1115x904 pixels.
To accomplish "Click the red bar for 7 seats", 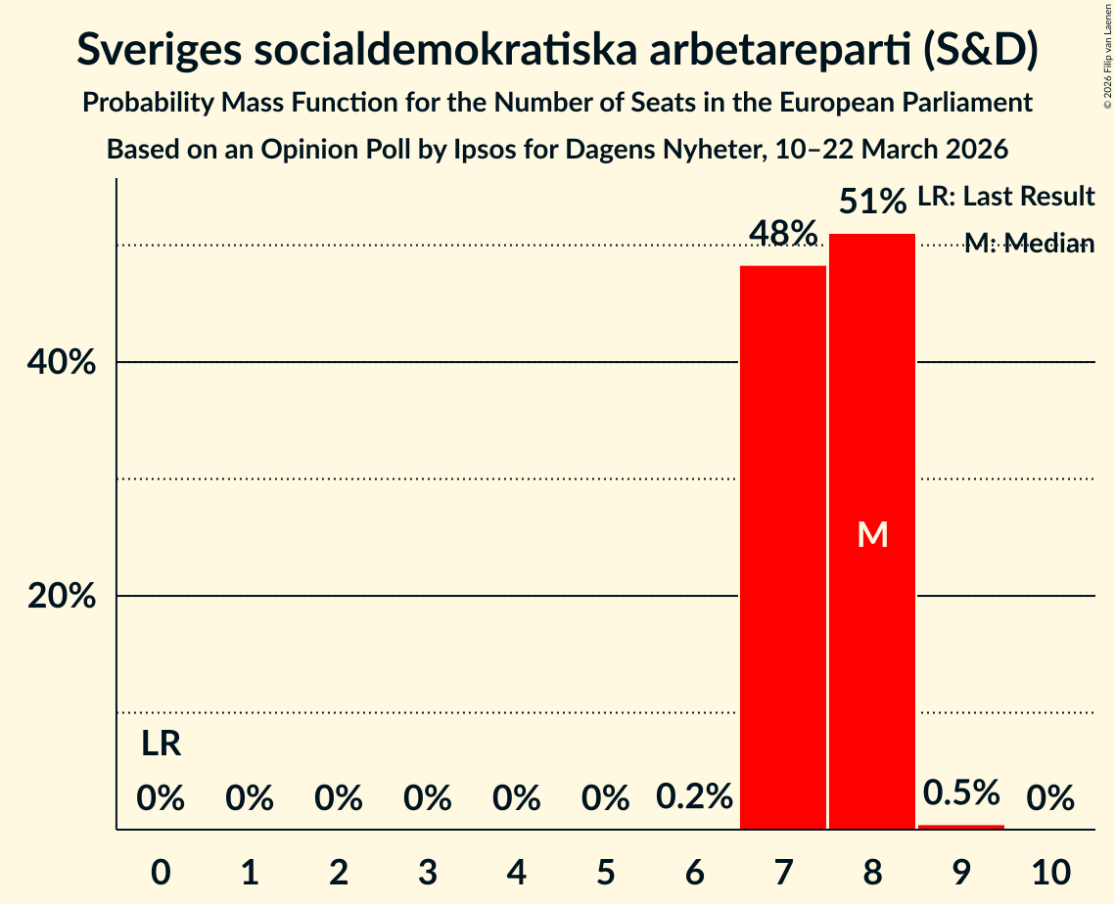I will click(x=782, y=548).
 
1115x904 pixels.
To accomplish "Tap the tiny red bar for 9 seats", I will click(x=960, y=827).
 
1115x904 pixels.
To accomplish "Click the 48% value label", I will click(x=782, y=234).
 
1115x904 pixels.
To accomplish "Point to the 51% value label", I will click(x=872, y=203).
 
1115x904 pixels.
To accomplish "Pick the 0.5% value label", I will click(x=961, y=792).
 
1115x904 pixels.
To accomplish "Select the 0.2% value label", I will click(x=694, y=798).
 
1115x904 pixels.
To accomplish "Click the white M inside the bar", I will click(x=872, y=534).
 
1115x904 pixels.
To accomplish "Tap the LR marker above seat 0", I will click(x=161, y=745).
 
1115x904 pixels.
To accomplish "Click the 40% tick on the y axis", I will click(x=61, y=363).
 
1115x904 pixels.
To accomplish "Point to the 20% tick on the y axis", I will click(x=61, y=597).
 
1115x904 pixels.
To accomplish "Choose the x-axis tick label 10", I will click(x=1050, y=871).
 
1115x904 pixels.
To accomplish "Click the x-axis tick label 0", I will click(x=161, y=871).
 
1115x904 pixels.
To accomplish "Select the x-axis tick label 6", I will click(x=694, y=871).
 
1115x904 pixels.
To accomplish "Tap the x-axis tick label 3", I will click(x=428, y=871).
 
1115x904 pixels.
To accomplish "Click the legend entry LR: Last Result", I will click(x=1005, y=197).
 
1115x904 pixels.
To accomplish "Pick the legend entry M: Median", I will click(x=1029, y=244).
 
